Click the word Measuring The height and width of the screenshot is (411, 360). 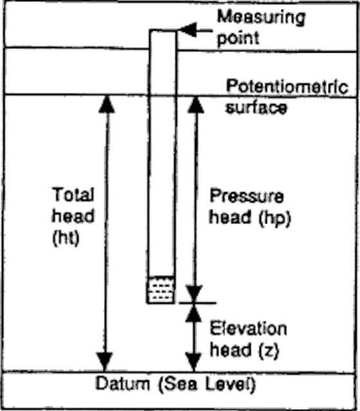(262, 19)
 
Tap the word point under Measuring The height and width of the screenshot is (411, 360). (239, 39)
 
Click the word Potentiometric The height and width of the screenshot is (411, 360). (287, 87)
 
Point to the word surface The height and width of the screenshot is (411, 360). (256, 107)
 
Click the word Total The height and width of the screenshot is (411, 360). (73, 194)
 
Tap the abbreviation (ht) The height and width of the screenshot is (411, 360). (66, 238)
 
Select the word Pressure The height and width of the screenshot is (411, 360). (247, 196)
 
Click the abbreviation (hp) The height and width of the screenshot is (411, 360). (274, 218)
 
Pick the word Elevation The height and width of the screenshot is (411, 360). (249, 328)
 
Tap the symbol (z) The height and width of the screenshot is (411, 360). (269, 350)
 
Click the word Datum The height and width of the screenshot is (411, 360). (123, 384)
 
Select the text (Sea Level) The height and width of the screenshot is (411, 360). (206, 385)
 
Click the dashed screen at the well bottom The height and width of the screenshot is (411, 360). (161, 290)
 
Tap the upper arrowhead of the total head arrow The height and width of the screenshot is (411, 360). (107, 104)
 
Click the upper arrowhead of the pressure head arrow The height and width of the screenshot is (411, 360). (195, 105)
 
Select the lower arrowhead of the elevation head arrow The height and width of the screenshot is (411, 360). (194, 362)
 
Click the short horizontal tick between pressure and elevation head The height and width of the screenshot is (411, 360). (197, 303)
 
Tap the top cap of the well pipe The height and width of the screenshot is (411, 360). (163, 31)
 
